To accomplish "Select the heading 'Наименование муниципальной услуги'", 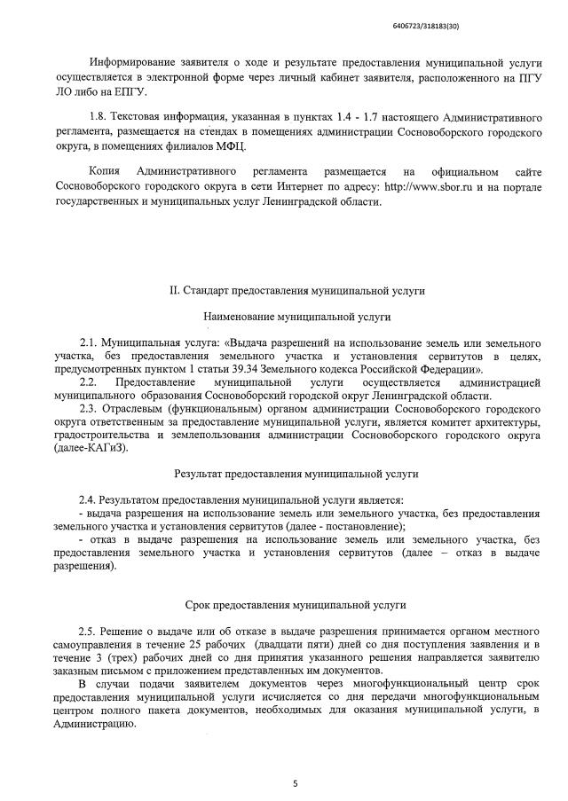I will point(296,316).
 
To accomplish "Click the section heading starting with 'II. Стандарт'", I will point(296,290).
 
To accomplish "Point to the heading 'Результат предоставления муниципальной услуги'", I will point(296,475).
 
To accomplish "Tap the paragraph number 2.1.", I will point(88,342).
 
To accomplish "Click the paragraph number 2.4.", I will point(88,500).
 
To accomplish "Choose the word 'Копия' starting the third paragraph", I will point(106,171).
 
